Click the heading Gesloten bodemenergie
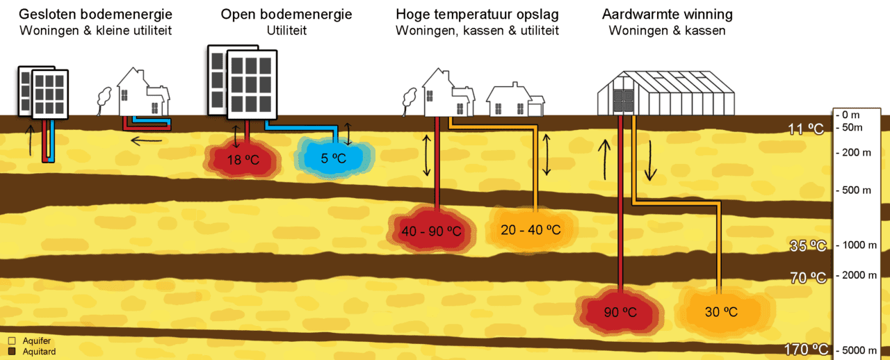(x=95, y=15)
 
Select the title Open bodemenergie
(x=286, y=15)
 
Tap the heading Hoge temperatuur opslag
(x=477, y=15)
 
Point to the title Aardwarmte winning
(x=667, y=15)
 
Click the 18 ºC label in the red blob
(x=243, y=160)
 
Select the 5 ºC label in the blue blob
(x=333, y=158)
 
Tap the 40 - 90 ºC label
(x=432, y=231)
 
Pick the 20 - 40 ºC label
(x=531, y=229)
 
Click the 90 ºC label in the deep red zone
(x=620, y=312)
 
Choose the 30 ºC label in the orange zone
(x=721, y=312)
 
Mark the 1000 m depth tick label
(x=856, y=245)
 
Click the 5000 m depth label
(x=856, y=350)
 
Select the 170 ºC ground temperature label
(x=806, y=350)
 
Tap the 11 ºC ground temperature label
(x=806, y=129)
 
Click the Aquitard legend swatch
(x=12, y=351)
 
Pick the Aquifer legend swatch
(x=12, y=341)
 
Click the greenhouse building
(x=666, y=93)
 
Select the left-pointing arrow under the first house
(x=147, y=140)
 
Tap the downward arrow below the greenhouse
(x=650, y=161)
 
